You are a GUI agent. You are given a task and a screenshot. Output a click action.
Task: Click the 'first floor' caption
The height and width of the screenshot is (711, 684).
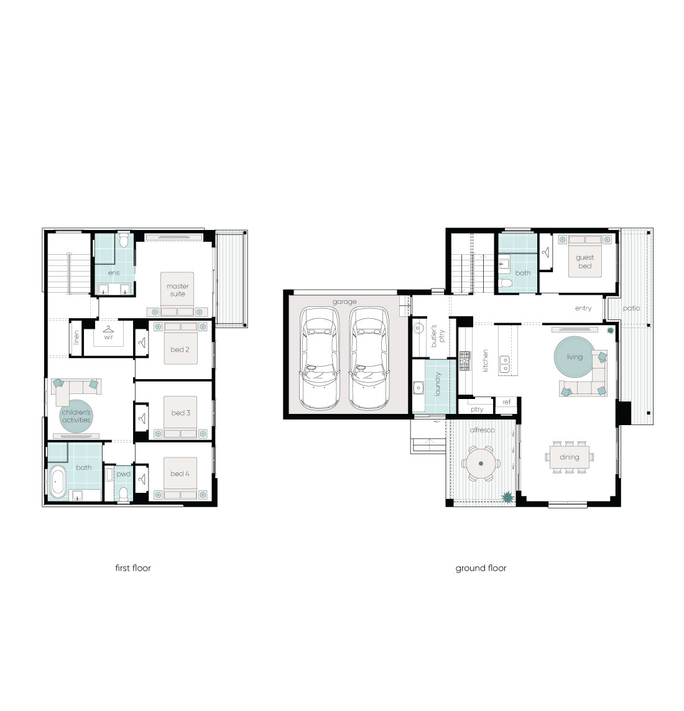[x=133, y=567]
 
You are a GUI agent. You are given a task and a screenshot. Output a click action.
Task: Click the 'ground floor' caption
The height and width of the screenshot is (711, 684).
[x=481, y=568]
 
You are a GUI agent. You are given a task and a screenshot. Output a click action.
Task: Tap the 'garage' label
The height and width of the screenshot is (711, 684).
[x=344, y=301]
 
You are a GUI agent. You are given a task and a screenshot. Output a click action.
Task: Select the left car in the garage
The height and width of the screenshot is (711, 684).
[x=320, y=358]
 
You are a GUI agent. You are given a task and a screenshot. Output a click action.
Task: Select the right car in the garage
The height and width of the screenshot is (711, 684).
[x=369, y=358]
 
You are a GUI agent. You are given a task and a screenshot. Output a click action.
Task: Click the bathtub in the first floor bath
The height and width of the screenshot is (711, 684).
[x=58, y=482]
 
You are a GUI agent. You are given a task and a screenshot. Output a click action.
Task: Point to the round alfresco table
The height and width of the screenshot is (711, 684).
[x=481, y=464]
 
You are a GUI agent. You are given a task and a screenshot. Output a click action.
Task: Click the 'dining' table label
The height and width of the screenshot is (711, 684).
[x=569, y=457]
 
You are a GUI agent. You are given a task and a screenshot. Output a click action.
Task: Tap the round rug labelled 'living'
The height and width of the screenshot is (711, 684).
[x=574, y=357]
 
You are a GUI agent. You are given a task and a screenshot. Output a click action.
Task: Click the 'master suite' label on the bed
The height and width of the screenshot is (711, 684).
[x=178, y=290]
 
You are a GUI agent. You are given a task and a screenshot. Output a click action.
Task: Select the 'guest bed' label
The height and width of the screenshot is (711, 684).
[x=585, y=262]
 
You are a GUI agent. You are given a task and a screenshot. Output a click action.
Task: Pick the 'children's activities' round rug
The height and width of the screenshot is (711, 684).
[x=76, y=416]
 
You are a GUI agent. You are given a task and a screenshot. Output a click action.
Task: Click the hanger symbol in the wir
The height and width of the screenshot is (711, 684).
[x=108, y=329]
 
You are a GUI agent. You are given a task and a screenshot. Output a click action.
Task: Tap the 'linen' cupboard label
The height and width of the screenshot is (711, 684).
[x=76, y=337]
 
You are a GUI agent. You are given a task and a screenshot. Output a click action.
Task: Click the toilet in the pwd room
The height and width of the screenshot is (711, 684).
[x=123, y=494]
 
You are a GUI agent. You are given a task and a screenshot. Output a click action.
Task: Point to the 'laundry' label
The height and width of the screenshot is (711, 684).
[x=438, y=383]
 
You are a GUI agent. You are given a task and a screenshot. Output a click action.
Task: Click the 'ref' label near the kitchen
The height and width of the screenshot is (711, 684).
[x=507, y=401]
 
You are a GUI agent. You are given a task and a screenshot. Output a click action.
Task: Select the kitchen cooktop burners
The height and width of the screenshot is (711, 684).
[x=465, y=361]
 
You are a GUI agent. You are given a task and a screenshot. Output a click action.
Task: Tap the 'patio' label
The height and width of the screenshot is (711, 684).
[x=631, y=308]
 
